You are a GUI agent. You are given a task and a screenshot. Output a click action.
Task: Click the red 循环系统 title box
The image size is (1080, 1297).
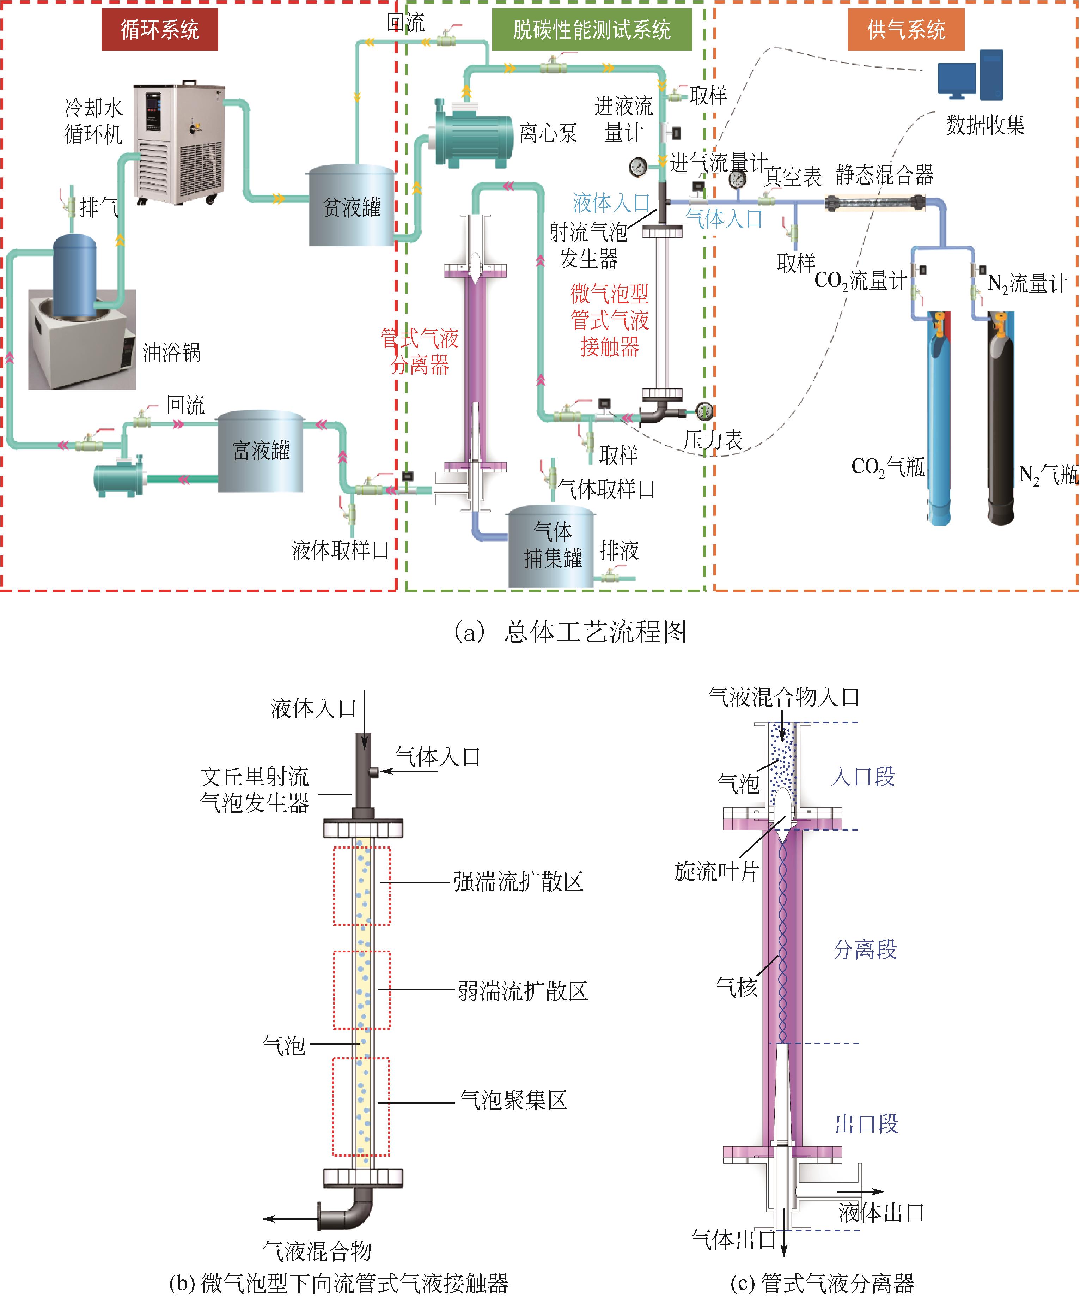[159, 30]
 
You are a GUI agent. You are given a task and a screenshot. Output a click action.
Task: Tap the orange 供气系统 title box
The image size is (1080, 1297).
[905, 30]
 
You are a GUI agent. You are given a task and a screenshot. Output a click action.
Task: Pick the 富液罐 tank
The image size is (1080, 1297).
[261, 451]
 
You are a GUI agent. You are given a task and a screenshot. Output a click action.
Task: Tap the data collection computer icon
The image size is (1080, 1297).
[970, 76]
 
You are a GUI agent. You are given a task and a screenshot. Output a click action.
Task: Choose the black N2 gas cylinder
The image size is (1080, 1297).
[1000, 420]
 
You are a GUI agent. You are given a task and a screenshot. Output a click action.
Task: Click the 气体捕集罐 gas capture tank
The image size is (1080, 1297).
[551, 547]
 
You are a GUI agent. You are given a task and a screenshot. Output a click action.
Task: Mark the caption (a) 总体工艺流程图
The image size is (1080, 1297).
[571, 631]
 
